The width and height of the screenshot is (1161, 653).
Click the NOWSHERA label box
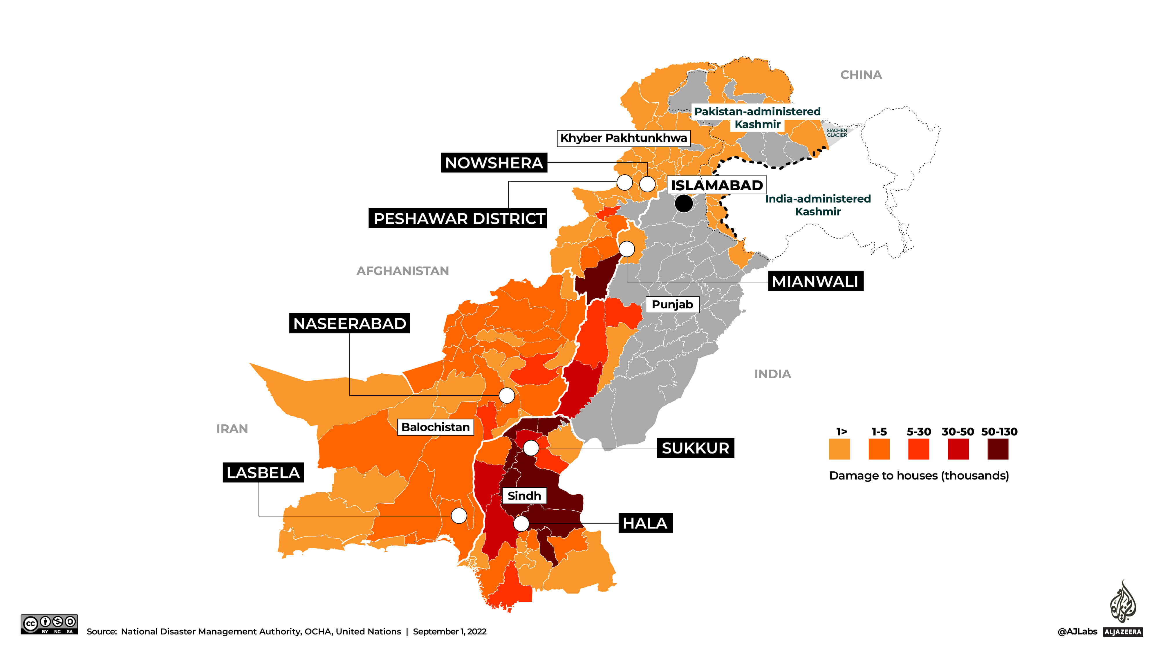coord(494,163)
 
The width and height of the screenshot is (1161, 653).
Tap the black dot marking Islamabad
coord(684,203)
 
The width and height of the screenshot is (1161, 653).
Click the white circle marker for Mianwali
coord(627,249)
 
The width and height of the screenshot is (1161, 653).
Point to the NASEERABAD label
coord(349,323)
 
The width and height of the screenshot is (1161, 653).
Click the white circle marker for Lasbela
coord(459,515)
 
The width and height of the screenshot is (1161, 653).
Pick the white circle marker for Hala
coord(521,524)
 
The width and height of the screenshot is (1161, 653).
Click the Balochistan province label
coord(435,427)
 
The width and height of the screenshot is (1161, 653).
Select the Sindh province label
coord(524,496)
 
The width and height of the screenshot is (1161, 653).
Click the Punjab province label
coord(672,305)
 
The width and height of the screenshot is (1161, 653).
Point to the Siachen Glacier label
coord(837,133)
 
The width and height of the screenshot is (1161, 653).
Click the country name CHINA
coord(861,75)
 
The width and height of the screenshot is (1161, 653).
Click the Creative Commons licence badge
coord(49,625)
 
